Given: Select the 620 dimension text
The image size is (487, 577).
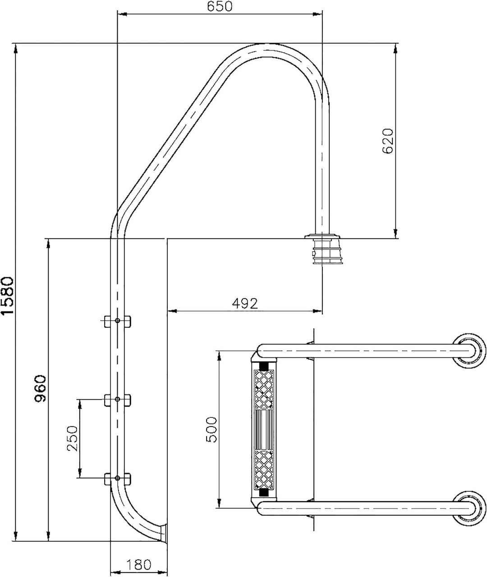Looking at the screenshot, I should pos(388,142).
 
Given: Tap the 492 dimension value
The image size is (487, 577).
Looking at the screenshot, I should pos(245,303).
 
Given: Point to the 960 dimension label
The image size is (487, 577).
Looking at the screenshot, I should pos(41,389).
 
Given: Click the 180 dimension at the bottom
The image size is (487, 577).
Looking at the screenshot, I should pos(138,564).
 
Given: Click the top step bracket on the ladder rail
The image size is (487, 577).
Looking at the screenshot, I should pos(117,321).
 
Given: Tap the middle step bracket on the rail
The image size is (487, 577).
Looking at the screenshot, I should pos(117,400).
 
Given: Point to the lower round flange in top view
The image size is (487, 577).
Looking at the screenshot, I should pos(470,508).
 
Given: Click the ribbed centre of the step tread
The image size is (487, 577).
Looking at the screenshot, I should pos(264,429).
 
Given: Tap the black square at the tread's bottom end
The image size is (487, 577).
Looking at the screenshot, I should pos(264,493).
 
